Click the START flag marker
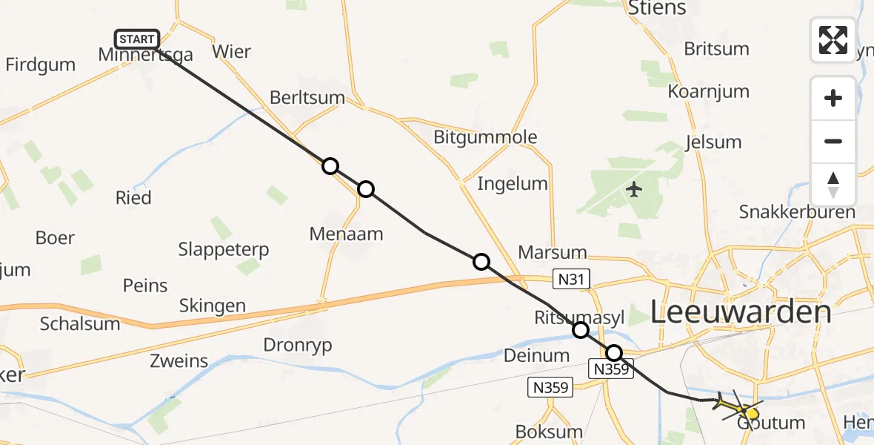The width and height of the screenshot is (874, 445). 137,39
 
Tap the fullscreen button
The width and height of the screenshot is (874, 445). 833,40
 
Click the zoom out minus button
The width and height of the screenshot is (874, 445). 833,141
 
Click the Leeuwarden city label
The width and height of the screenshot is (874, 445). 741,312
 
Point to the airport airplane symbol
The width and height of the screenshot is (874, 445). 634,190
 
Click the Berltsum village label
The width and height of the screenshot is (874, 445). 307,97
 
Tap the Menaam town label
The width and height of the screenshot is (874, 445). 347,234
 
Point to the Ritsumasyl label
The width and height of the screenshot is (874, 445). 580,317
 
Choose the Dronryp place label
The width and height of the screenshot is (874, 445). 298,345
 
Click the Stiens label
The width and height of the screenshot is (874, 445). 657,9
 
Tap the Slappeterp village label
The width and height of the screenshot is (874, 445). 224,249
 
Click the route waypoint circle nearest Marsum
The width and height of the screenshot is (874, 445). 481,261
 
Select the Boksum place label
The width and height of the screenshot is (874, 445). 549,432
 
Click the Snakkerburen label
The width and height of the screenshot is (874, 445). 797,212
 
